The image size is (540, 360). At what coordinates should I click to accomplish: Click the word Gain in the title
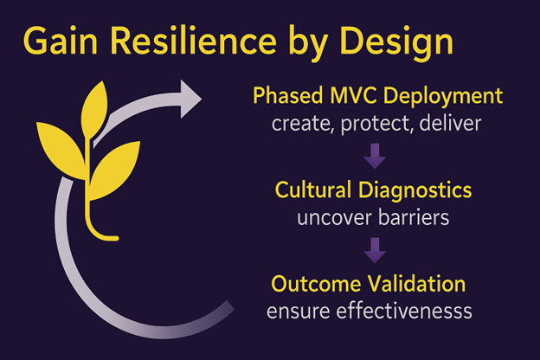tap(61, 41)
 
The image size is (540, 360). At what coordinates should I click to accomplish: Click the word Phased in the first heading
tap(288, 95)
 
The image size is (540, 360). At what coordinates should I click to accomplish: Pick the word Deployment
tap(443, 97)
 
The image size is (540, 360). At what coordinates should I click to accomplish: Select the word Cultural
tap(314, 190)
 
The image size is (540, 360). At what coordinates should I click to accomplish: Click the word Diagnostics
tap(415, 191)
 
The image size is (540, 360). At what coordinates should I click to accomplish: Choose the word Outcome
tap(316, 284)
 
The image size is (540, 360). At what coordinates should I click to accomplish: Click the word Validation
tap(416, 284)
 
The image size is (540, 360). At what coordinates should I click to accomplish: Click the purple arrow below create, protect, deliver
tap(375, 156)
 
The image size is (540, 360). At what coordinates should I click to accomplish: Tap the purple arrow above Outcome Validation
tap(375, 250)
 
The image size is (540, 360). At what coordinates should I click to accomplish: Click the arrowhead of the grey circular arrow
tap(189, 99)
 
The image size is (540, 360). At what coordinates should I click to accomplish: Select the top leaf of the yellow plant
tap(94, 110)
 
